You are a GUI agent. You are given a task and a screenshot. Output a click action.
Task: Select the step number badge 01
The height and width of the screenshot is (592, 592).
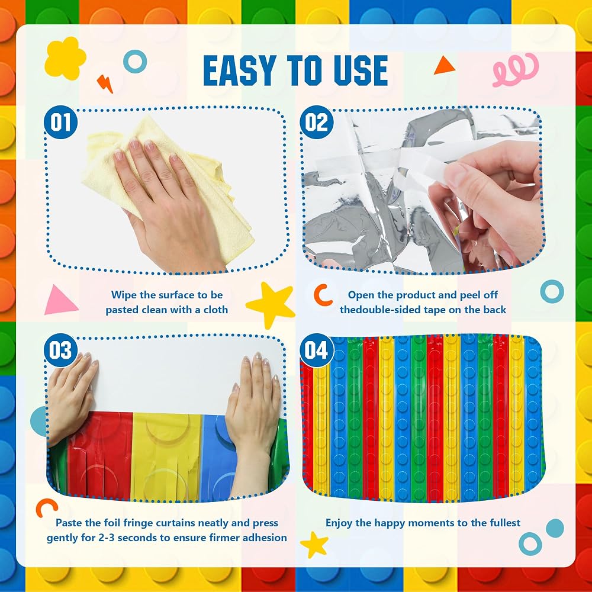coord(60,122)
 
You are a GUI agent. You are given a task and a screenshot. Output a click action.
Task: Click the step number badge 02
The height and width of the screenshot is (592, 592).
coord(316,122)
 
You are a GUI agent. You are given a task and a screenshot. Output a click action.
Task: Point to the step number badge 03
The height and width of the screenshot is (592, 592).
coord(60,350)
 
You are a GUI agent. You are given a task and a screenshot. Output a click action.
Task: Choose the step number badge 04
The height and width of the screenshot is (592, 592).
coord(316,350)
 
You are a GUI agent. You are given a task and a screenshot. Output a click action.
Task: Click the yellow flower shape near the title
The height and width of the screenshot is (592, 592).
coord(65,58)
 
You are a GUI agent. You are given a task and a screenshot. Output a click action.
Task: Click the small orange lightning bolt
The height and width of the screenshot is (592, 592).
coord(105,84)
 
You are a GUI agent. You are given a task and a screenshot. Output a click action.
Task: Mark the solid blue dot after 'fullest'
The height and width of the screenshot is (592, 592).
coord(555,528)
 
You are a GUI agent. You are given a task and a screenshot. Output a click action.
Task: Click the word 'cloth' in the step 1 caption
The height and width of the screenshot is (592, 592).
coord(215,310)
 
